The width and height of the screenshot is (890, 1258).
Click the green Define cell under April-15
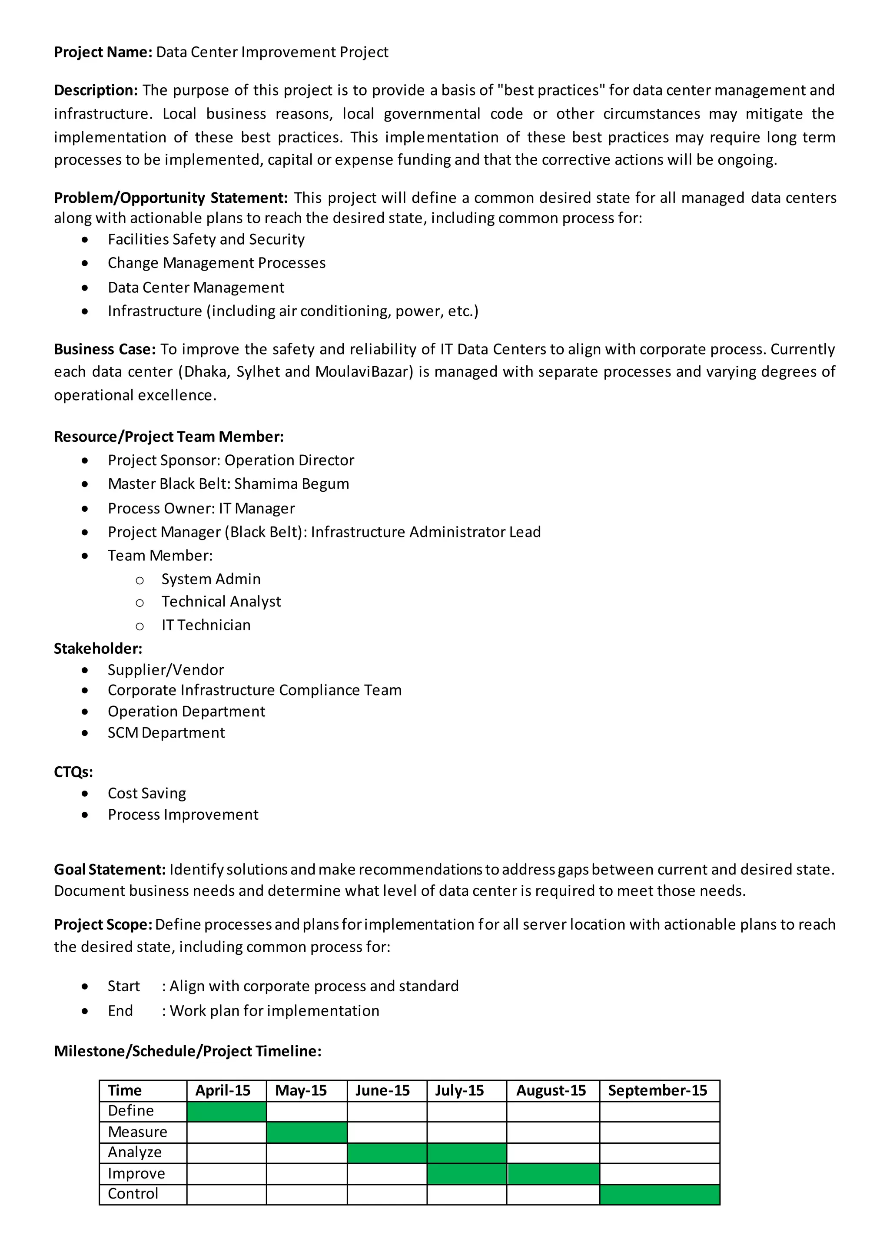[226, 1112]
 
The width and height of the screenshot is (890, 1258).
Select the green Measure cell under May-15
[306, 1132]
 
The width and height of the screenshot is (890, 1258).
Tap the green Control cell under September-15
[659, 1195]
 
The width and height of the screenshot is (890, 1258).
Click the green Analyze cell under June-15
[387, 1153]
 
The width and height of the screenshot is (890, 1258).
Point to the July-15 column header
[459, 1091]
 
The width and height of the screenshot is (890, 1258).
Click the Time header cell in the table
[125, 1091]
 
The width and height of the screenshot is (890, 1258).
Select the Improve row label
[136, 1174]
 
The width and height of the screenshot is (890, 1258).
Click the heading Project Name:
[103, 52]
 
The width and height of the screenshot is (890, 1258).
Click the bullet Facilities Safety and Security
[206, 239]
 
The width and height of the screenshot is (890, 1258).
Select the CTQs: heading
[73, 772]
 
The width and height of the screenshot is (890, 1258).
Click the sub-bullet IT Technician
[206, 625]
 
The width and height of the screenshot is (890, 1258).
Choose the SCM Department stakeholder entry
[166, 733]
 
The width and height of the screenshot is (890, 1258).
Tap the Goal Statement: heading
[110, 870]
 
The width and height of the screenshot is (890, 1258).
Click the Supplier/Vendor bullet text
[166, 670]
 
